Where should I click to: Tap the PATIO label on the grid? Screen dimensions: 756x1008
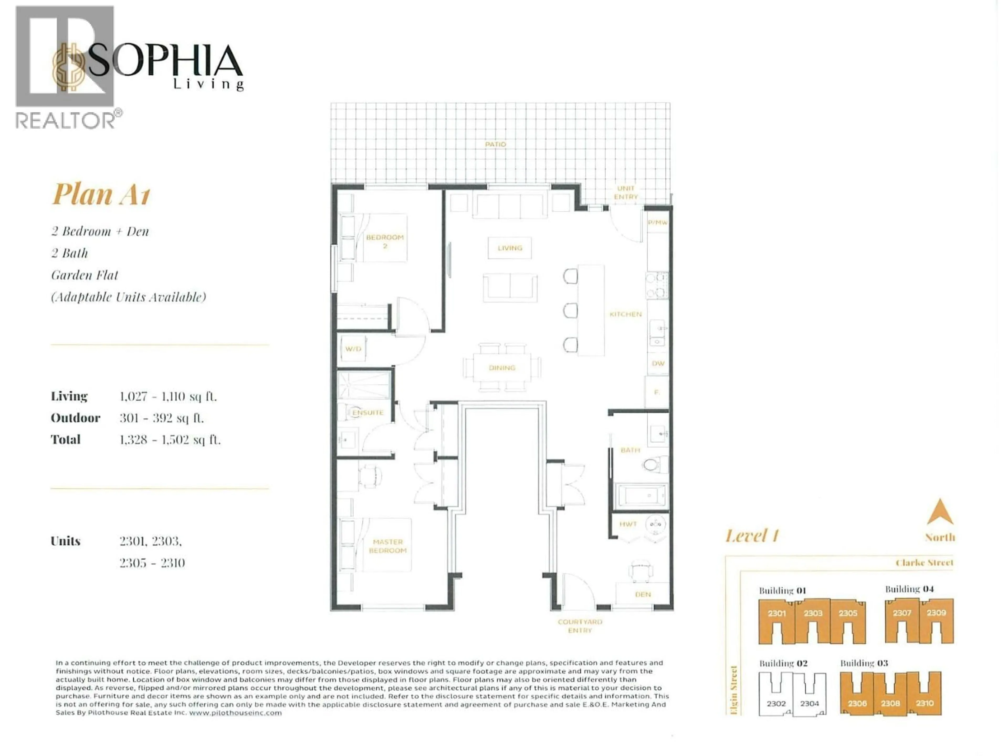click(x=495, y=144)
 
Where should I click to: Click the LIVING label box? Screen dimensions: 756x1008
click(x=510, y=248)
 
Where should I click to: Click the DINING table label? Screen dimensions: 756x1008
click(x=502, y=368)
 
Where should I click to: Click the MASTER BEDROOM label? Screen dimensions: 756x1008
click(x=387, y=546)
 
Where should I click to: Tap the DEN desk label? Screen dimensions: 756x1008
click(x=643, y=594)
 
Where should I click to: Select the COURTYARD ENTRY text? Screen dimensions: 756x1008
click(x=580, y=626)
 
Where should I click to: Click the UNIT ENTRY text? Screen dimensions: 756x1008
click(x=626, y=192)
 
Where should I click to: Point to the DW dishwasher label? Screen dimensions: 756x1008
click(x=658, y=364)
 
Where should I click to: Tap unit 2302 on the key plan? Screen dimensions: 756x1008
click(x=776, y=703)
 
